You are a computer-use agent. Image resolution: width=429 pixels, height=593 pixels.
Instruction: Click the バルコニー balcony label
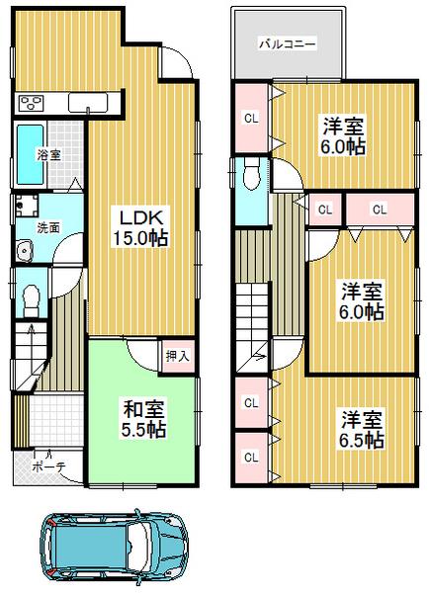(x=287, y=43)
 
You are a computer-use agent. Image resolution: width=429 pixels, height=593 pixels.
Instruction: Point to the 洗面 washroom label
(x=47, y=226)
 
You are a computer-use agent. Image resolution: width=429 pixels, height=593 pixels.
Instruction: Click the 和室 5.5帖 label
(x=143, y=418)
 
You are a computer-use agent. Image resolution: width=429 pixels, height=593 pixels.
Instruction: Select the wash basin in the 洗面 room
(x=22, y=255)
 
